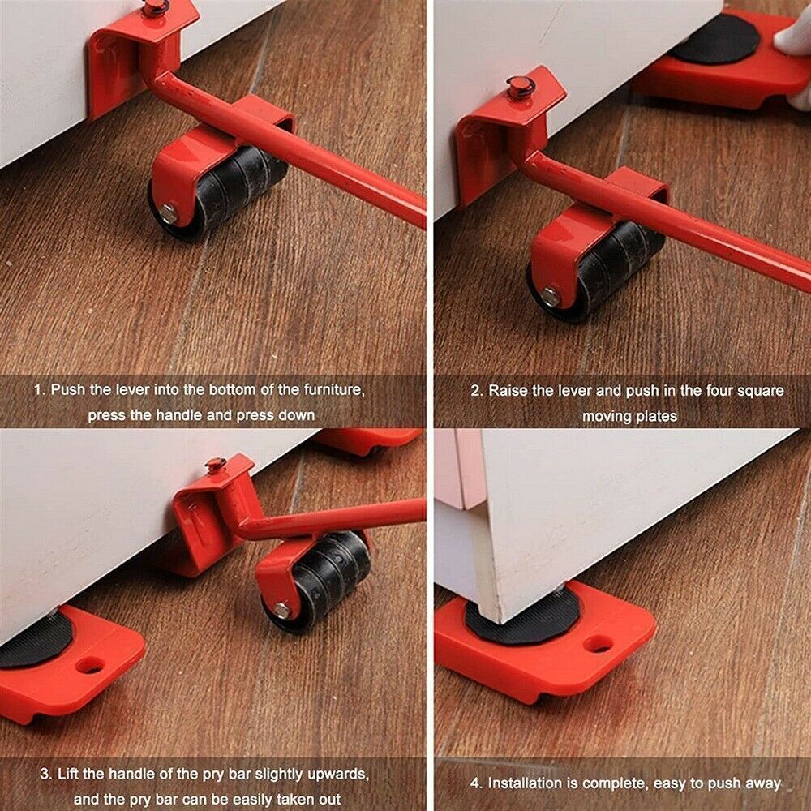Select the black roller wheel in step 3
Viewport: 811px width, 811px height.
324,576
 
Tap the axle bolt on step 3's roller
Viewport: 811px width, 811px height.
281,610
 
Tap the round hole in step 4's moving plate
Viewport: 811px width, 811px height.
599,644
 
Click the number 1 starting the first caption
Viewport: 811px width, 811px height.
36,389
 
